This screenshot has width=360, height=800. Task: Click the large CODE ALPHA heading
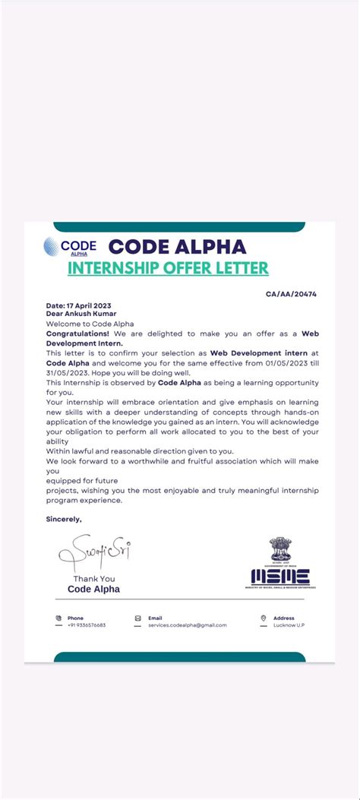(177, 247)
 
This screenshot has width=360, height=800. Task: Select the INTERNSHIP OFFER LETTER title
(168, 268)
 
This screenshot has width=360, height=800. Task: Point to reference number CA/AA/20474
(291, 293)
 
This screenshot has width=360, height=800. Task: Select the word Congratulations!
(77, 334)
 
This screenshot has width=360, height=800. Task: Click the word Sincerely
(63, 519)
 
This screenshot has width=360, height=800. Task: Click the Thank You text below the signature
(93, 579)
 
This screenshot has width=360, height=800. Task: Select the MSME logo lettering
(280, 577)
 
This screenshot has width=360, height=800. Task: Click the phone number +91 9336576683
(87, 625)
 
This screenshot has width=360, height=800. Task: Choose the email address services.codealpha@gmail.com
(187, 625)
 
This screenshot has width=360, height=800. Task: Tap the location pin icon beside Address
(264, 618)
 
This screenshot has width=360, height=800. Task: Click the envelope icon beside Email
(137, 618)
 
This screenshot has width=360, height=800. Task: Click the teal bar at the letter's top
(179, 226)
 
